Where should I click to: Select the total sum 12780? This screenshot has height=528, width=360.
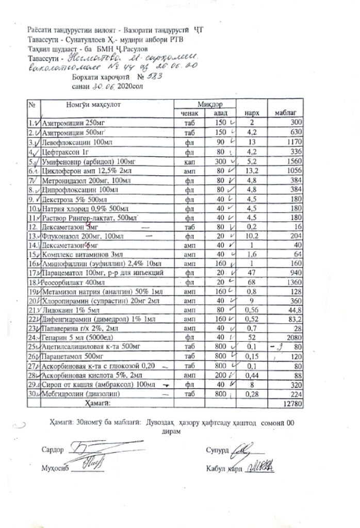(293, 402)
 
